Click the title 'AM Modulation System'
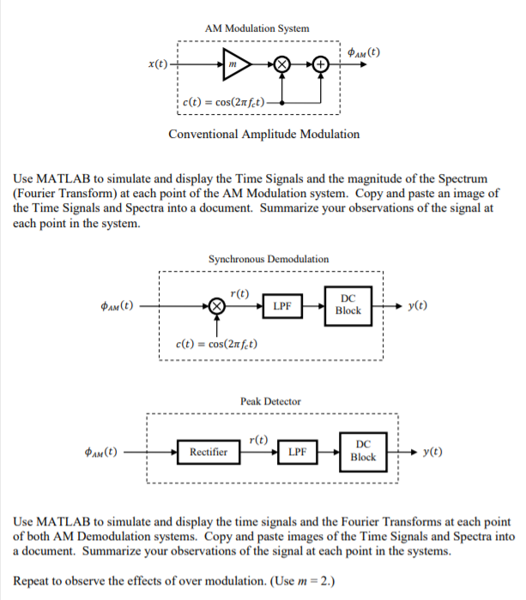(257, 28)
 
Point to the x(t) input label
(158, 64)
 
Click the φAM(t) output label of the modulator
(365, 53)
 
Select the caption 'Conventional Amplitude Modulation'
(263, 134)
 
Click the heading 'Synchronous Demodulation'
(268, 258)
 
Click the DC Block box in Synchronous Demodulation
(348, 304)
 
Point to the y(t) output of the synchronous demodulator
(420, 305)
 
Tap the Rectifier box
(209, 451)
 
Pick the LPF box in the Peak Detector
(297, 451)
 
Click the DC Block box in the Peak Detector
(363, 451)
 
